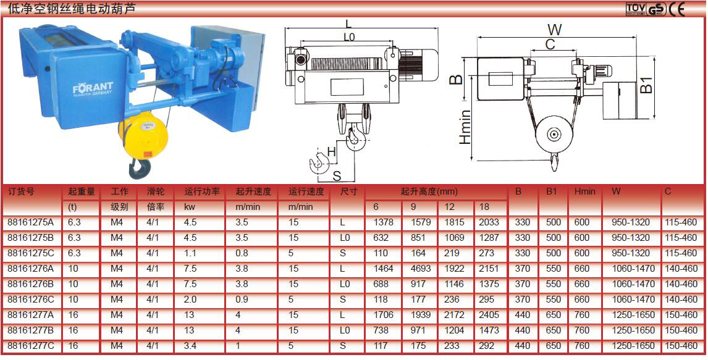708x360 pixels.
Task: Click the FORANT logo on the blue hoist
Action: click(x=93, y=88)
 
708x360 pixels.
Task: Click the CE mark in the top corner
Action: click(x=677, y=9)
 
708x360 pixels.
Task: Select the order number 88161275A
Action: click(x=31, y=222)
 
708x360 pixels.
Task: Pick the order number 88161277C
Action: click(x=31, y=346)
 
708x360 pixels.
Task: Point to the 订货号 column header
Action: click(x=21, y=191)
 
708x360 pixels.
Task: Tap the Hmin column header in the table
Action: click(x=584, y=191)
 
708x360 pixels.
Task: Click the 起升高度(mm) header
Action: click(x=429, y=191)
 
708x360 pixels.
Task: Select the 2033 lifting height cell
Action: click(x=489, y=222)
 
